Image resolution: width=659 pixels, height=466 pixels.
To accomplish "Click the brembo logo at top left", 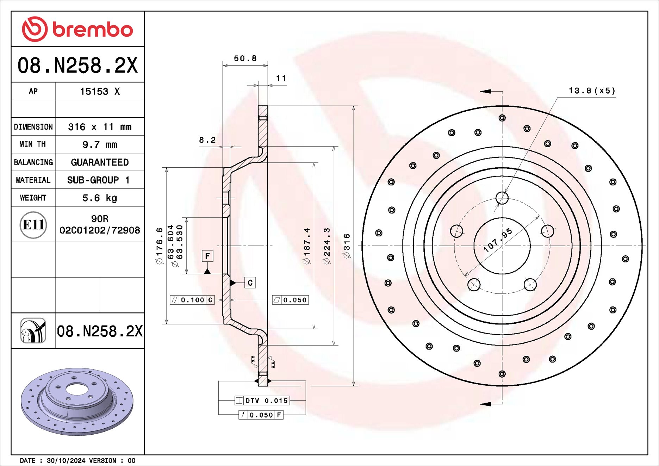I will [x=77, y=29].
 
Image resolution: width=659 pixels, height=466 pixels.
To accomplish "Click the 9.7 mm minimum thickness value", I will [x=100, y=145].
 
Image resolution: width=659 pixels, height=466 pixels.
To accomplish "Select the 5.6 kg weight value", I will [x=100, y=198].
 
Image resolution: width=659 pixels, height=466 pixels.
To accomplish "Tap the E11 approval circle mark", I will [x=33, y=225].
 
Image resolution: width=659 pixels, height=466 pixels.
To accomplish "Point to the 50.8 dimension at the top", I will [x=245, y=58].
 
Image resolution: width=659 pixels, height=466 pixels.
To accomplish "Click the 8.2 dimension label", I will [x=207, y=140].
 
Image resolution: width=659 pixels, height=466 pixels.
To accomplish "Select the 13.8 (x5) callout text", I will [x=592, y=91].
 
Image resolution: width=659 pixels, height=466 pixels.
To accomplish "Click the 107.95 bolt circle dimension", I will [x=498, y=240].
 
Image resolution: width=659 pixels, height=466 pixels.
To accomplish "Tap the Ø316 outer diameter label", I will [x=347, y=246].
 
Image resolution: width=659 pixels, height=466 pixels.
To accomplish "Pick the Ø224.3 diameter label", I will [x=327, y=246].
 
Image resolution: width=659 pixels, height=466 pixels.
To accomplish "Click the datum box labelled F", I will [x=207, y=256].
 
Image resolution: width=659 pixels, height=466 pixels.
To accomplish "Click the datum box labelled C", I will [x=250, y=282].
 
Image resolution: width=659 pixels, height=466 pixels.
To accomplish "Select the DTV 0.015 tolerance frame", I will [x=262, y=400].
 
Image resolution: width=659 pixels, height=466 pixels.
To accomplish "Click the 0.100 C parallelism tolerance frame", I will [x=192, y=300].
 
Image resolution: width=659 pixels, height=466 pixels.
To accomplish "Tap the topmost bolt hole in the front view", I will [x=502, y=198].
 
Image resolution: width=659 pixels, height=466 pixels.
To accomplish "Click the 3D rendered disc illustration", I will [x=77, y=402].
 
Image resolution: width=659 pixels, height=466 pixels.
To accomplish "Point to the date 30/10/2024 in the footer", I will [x=66, y=461].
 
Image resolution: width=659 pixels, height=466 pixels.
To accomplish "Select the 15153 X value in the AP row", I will [x=100, y=92].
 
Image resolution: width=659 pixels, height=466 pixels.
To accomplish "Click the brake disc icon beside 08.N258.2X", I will [x=33, y=330].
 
